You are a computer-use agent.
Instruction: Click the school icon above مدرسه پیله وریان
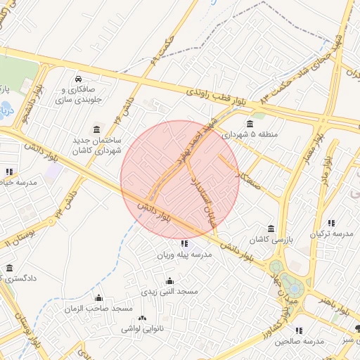(184, 243)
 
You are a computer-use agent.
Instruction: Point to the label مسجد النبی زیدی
(169, 291)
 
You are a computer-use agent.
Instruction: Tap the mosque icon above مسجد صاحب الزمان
(98, 298)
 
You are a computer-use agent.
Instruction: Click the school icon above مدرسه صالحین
(299, 330)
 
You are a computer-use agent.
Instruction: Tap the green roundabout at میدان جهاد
(276, 267)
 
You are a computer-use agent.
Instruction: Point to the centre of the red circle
(180, 180)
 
